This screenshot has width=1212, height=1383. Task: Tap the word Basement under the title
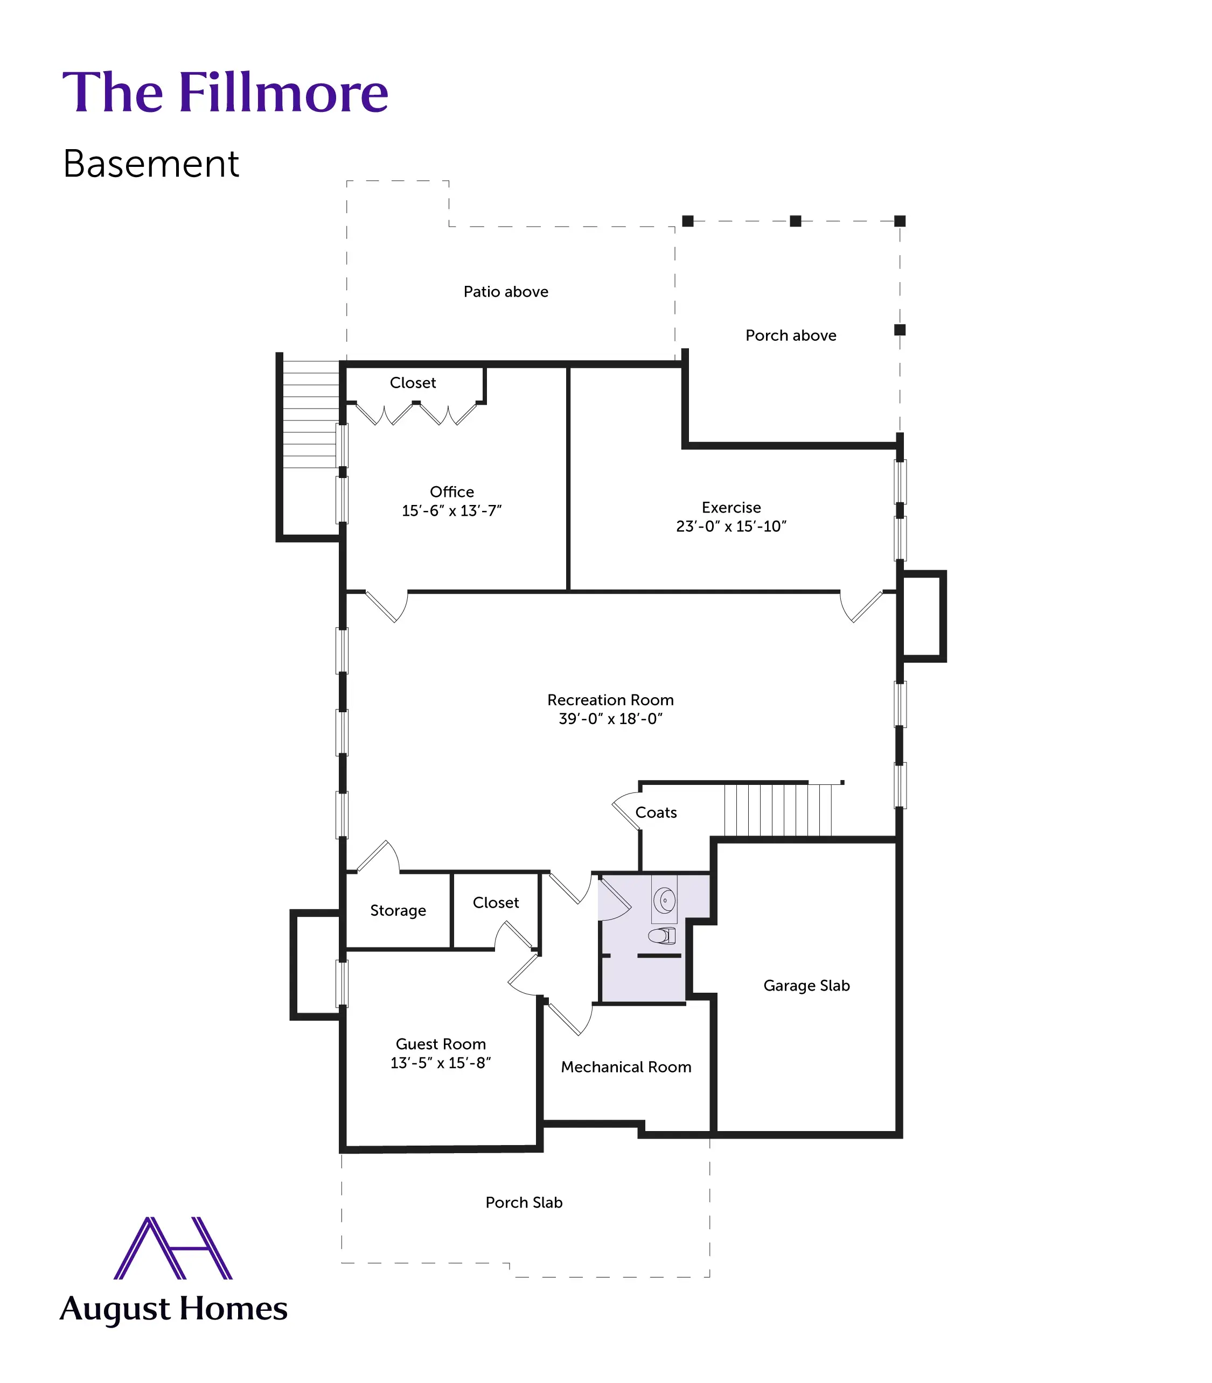click(151, 164)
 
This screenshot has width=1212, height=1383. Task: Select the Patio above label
click(506, 292)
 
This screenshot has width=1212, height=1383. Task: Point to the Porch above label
click(791, 335)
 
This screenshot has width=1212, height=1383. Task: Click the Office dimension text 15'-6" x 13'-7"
click(452, 511)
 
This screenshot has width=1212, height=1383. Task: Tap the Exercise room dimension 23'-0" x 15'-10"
click(731, 526)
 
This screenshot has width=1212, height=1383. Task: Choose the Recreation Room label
click(610, 700)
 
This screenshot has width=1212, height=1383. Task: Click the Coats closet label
click(656, 812)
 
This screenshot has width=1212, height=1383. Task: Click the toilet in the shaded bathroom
click(663, 936)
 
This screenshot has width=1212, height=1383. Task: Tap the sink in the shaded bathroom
click(665, 900)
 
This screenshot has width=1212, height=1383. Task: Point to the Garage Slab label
click(806, 986)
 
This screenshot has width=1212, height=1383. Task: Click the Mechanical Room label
click(625, 1066)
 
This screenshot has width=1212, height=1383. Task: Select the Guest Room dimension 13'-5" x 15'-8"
click(440, 1063)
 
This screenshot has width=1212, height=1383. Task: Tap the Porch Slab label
click(524, 1203)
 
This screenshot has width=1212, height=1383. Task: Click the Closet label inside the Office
click(413, 383)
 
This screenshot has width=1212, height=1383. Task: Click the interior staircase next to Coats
click(778, 810)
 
